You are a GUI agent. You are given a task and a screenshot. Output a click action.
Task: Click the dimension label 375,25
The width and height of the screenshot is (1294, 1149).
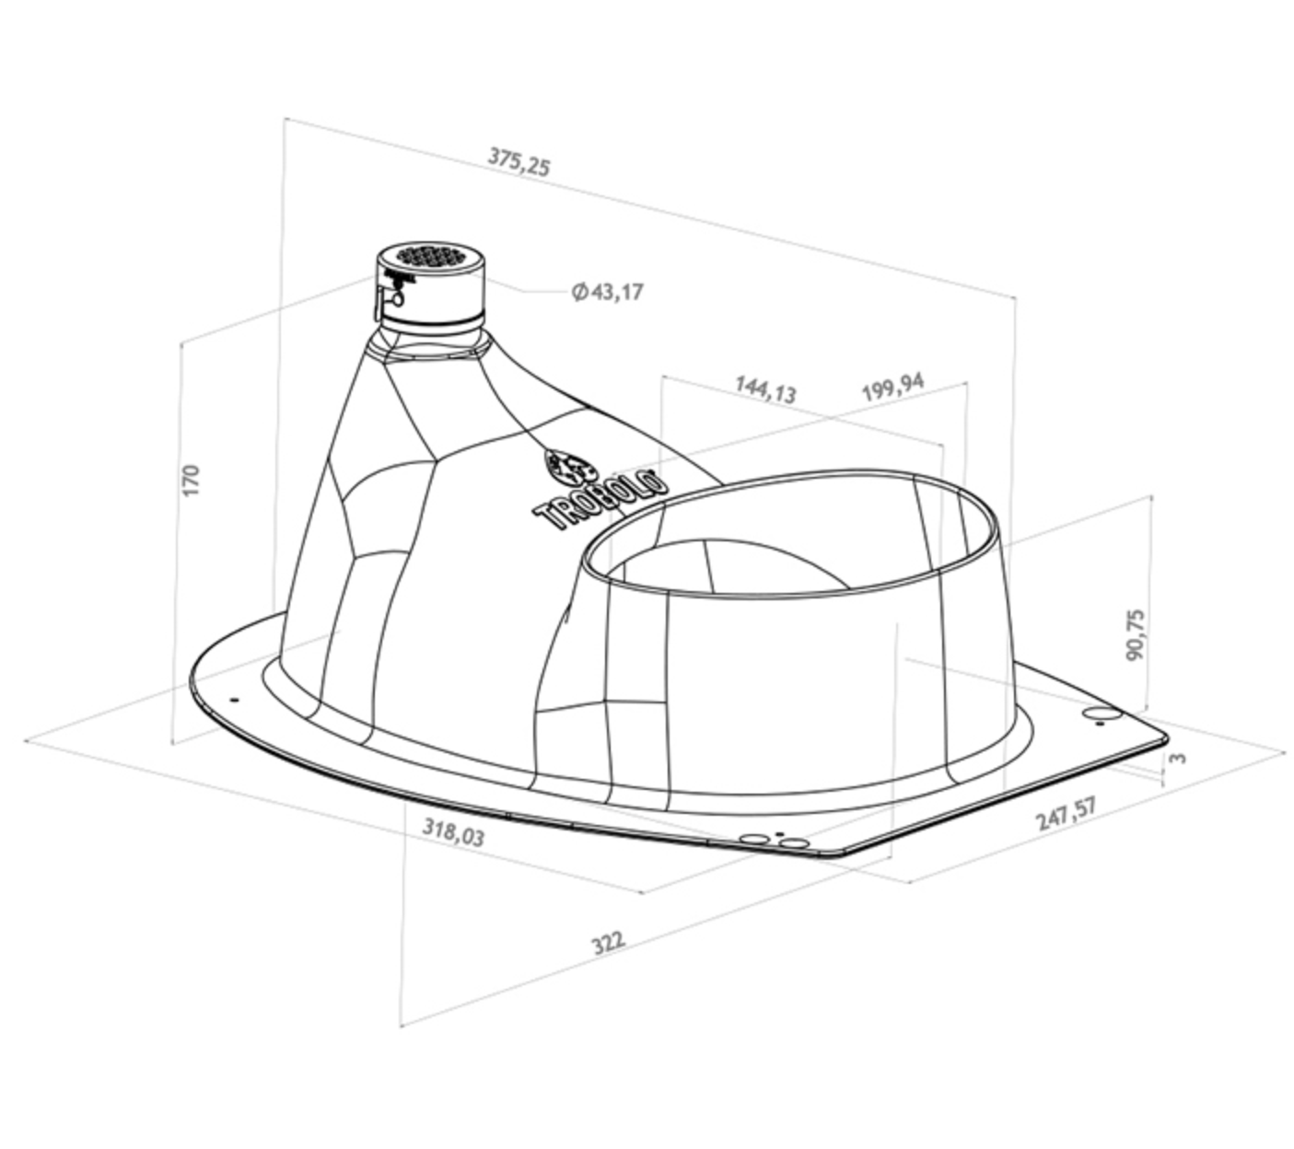pyautogui.click(x=518, y=161)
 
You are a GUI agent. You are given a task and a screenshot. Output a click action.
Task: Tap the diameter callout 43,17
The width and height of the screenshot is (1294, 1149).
pyautogui.click(x=608, y=292)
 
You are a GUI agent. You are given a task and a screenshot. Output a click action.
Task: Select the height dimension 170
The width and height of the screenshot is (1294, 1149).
pyautogui.click(x=191, y=481)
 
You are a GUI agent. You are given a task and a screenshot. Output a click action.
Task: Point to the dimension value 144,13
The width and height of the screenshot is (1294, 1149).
pyautogui.click(x=765, y=389)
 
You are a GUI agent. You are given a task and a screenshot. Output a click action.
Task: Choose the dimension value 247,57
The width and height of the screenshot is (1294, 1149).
pyautogui.click(x=1066, y=812)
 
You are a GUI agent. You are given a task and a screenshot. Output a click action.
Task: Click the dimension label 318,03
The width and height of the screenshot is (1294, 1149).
pyautogui.click(x=453, y=832)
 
